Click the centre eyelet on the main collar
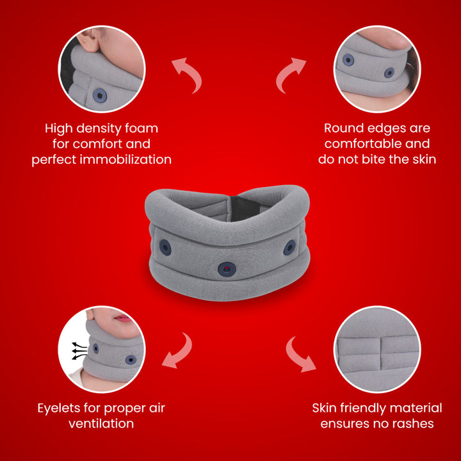[225, 268]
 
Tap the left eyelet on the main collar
[165, 247]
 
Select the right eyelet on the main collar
[289, 247]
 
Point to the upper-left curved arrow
[187, 74]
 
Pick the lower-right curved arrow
[299, 353]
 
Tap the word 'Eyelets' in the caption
[61, 408]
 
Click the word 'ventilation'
[101, 423]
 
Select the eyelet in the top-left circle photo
[99, 95]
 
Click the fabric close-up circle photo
[376, 349]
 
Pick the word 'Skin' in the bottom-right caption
[325, 408]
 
